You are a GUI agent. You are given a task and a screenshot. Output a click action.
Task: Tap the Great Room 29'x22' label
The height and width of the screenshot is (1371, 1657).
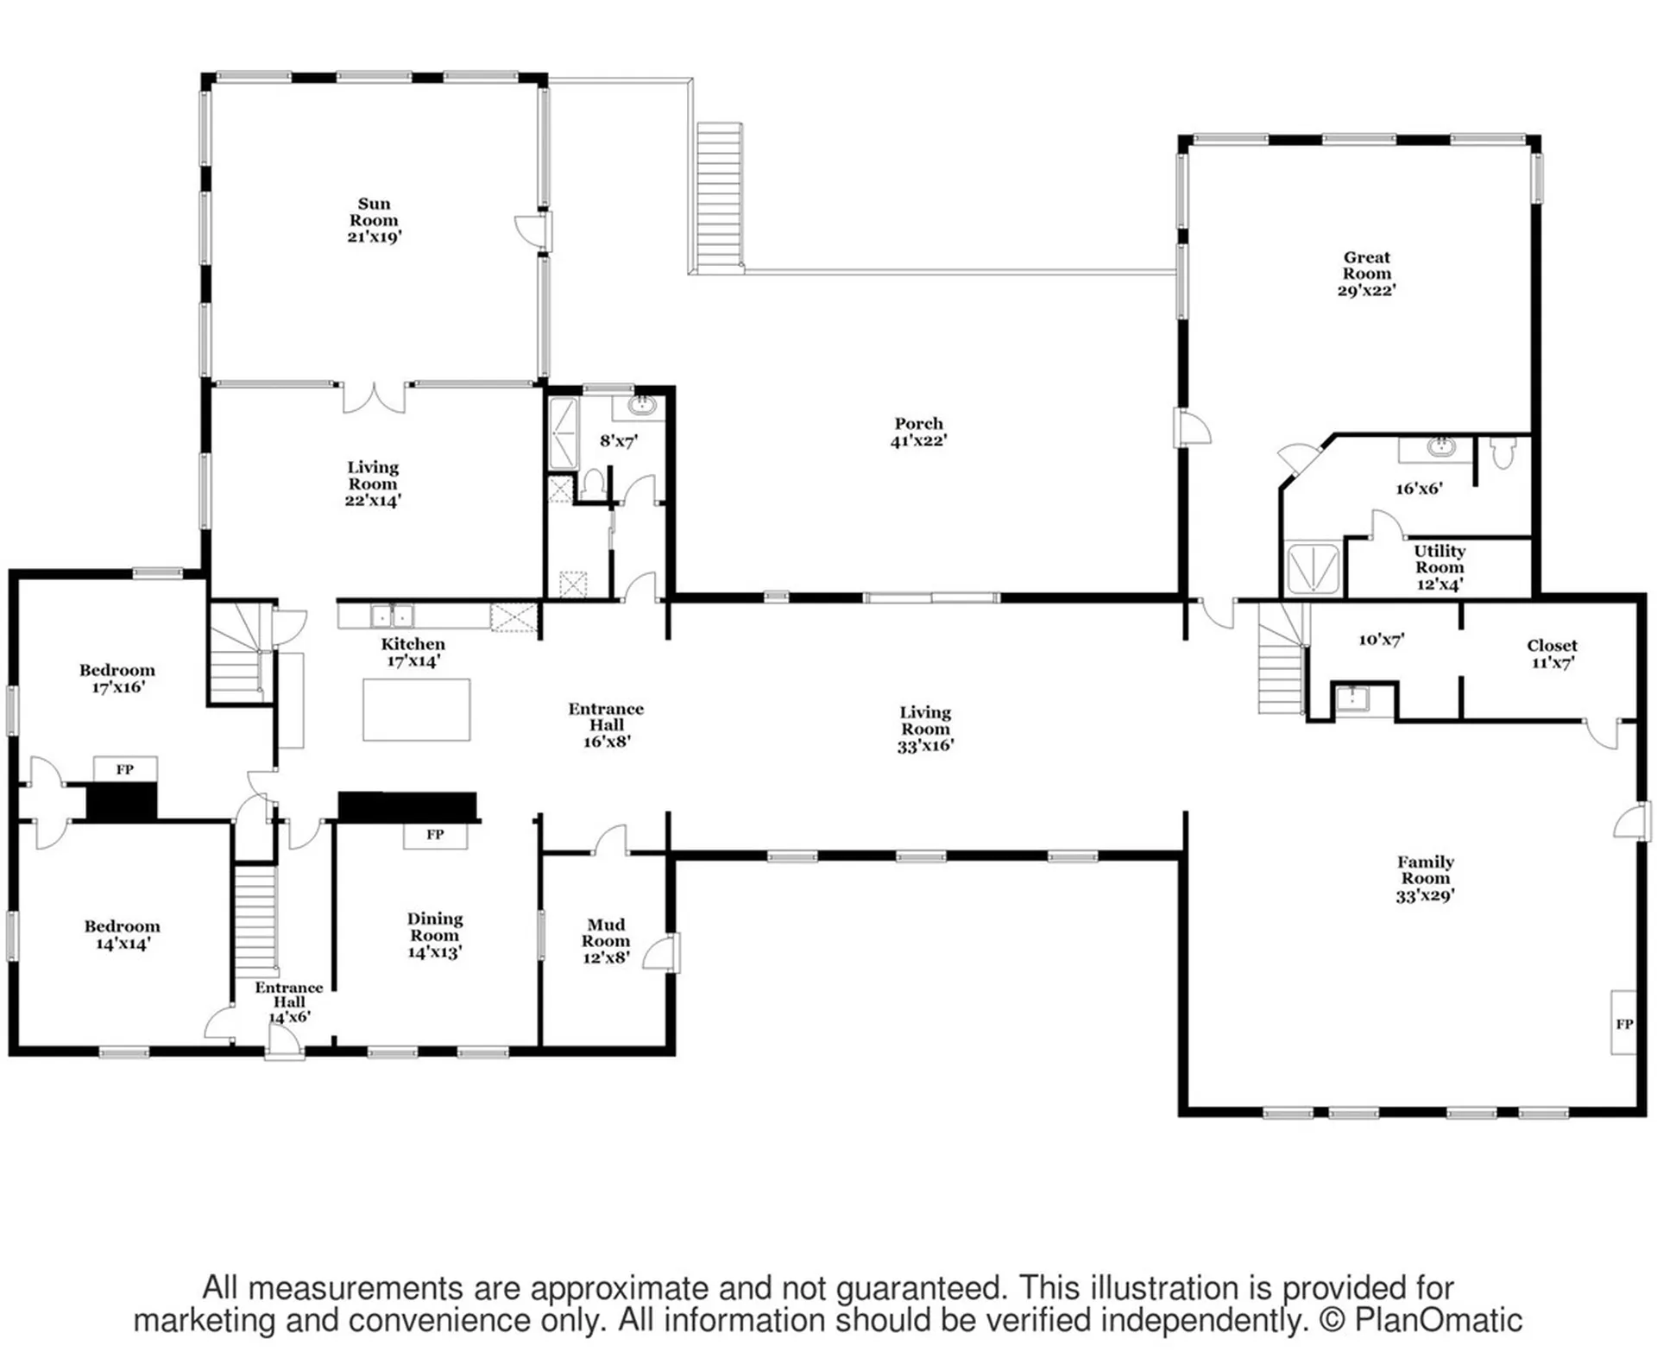1366,274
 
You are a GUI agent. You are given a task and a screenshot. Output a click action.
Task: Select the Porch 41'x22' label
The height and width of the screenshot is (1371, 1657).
918,432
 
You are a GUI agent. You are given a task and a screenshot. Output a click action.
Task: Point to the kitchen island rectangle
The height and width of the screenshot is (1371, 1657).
416,710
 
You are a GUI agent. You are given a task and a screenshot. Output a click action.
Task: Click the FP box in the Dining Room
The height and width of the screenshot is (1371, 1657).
435,835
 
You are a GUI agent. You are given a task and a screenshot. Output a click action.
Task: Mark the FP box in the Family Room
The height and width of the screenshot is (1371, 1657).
1623,1023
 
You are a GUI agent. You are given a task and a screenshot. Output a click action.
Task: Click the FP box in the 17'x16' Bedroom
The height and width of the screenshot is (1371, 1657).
125,769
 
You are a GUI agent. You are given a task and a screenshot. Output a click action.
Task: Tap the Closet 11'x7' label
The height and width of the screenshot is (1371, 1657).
1552,654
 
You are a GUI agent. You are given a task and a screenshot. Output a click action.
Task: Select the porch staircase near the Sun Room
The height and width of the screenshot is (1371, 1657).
720,197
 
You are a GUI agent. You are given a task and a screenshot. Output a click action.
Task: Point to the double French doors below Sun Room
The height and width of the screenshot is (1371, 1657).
375,397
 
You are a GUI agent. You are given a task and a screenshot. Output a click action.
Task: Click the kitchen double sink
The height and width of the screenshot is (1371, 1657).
392,616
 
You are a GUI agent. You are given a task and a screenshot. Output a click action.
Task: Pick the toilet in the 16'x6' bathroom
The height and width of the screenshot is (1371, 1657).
1503,453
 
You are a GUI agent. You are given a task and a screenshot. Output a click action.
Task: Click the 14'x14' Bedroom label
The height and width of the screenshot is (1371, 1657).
122,935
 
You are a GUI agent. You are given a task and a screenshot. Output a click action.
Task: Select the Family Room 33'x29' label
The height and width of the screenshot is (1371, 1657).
1425,879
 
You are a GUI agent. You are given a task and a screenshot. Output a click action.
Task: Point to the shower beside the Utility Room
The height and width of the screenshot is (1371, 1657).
1312,568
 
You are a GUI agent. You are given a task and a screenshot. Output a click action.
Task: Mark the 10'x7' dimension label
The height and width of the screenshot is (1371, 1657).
1381,640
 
